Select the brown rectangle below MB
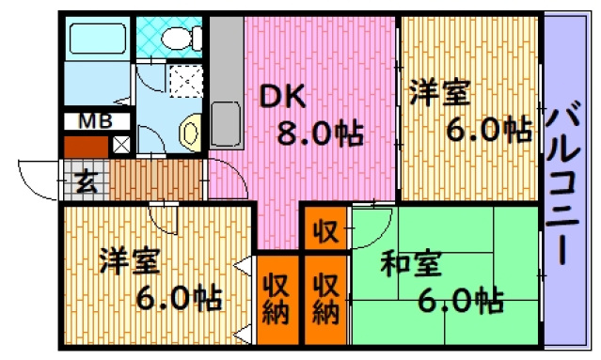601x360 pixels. [x=86, y=146]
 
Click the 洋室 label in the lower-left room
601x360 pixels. [x=130, y=260]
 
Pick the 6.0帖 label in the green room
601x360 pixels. [x=460, y=302]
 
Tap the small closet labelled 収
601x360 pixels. [x=325, y=229]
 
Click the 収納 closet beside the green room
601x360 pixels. [x=325, y=299]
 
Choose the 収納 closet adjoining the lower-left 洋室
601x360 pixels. [x=276, y=299]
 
